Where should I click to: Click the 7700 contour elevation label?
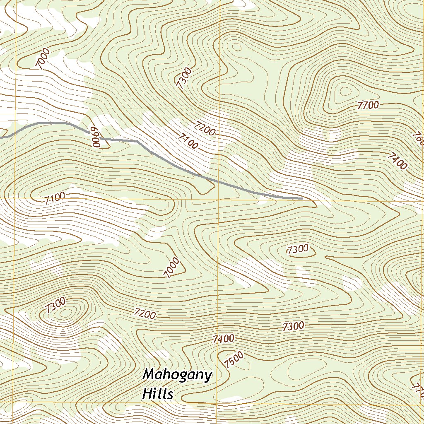coord(368,105)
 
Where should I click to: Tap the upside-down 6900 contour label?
coord(96,137)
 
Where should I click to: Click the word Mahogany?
coord(177,376)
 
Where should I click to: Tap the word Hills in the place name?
coord(157,394)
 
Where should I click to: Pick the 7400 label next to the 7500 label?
coord(223,339)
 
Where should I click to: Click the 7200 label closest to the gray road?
coord(204,128)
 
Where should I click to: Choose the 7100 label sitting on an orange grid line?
coord(54,198)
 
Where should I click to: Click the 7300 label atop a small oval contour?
coord(297,249)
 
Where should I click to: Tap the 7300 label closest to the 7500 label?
coord(293,327)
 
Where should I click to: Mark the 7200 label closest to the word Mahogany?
coord(145,314)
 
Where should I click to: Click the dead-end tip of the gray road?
coord(301,199)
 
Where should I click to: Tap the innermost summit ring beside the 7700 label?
coord(344,91)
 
